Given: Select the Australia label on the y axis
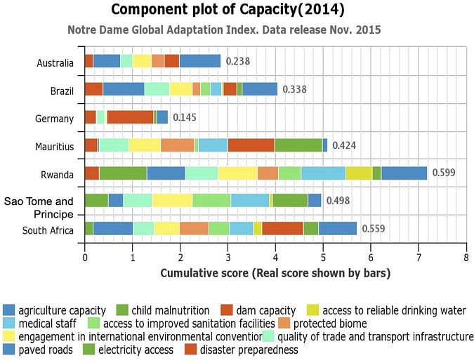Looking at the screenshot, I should [x=55, y=63].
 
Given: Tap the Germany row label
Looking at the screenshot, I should [x=56, y=118].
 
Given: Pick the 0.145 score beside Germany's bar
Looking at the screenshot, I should [x=185, y=117].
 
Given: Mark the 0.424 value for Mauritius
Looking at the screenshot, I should [x=344, y=145].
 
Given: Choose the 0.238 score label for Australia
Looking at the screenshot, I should [x=237, y=62].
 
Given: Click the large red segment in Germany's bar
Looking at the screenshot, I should [x=129, y=117].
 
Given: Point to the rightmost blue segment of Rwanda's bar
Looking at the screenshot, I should [x=404, y=173].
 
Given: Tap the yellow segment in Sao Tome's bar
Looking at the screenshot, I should [x=172, y=201].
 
